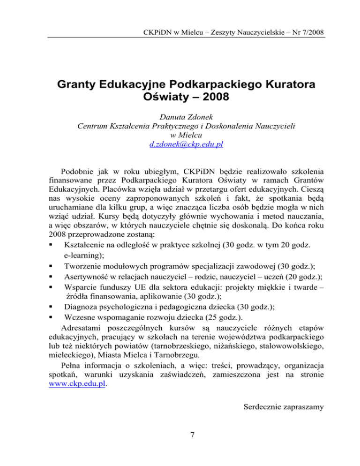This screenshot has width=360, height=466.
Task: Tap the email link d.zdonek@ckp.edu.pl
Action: click(x=180, y=144)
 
